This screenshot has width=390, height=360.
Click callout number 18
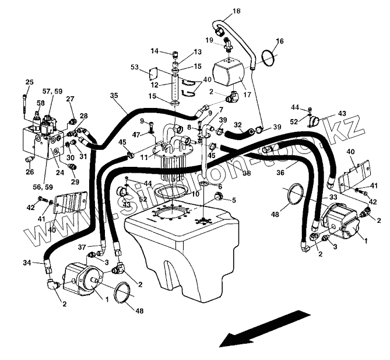point(220,11)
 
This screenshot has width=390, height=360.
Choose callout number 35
point(114,95)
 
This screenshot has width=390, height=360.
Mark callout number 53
point(135,68)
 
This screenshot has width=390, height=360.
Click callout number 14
point(154,51)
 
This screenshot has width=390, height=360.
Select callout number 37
point(82,247)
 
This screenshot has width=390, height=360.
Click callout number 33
point(333,197)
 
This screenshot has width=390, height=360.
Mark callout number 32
point(238,124)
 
